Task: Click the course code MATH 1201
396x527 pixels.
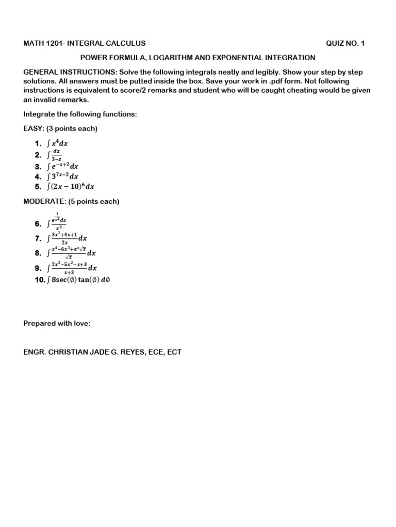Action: click(x=43, y=44)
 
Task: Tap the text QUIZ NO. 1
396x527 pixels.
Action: click(x=345, y=44)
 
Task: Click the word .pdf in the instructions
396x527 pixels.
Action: click(x=277, y=81)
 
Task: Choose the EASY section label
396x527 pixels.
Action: click(x=35, y=128)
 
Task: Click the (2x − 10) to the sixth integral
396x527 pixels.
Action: click(x=70, y=187)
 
